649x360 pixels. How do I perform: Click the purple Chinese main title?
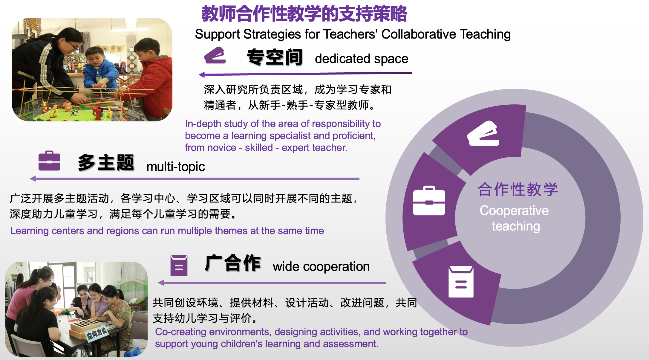(304, 14)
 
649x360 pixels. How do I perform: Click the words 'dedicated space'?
(362, 59)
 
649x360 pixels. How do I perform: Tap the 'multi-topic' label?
(176, 167)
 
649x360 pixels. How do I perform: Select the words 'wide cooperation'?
(321, 266)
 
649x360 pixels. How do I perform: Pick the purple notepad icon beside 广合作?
(179, 265)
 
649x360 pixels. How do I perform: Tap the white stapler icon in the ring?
(483, 133)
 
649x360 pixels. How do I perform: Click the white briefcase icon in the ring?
(429, 201)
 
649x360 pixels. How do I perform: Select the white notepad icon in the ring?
(461, 282)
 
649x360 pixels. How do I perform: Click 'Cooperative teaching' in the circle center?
(515, 218)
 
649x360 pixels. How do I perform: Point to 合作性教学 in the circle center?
(518, 189)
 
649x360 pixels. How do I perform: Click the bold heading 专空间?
(275, 57)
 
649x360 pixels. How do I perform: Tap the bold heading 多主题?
(106, 163)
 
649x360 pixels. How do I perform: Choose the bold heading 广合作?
(233, 263)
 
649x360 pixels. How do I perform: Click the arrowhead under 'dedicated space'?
(202, 75)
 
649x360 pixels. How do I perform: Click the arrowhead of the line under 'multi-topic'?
(33, 179)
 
